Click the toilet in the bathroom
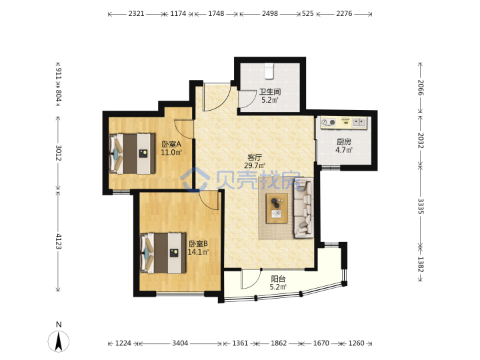(269, 71)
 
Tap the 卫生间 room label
(270, 91)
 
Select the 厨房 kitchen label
(344, 142)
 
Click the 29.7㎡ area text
(255, 165)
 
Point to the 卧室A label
(171, 143)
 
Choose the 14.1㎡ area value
(198, 252)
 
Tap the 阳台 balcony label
(278, 279)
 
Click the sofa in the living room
(304, 209)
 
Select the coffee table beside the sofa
(277, 208)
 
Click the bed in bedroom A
(132, 153)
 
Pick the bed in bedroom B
(163, 253)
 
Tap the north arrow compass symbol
(59, 341)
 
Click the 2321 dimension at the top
(136, 13)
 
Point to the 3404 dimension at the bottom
(180, 343)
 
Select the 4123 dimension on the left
(58, 241)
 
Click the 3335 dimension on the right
(421, 207)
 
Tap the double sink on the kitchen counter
(359, 123)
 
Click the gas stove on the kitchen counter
(328, 123)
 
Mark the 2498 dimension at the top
(270, 13)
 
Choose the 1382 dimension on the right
(421, 264)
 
